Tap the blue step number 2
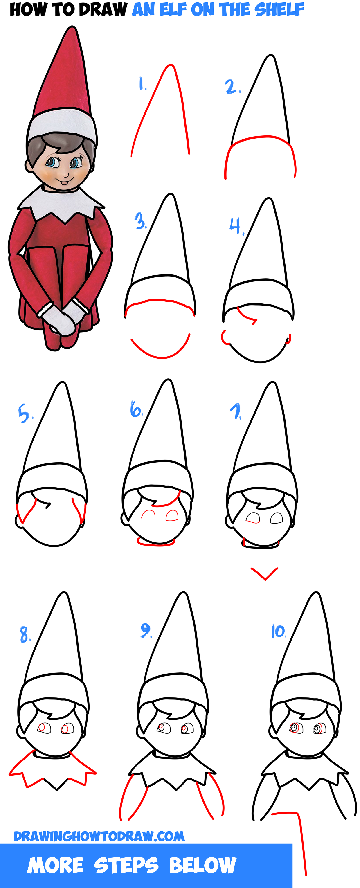(x=232, y=87)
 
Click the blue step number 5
(x=25, y=414)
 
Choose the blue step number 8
(x=25, y=635)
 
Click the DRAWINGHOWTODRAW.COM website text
(x=99, y=836)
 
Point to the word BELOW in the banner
(x=203, y=865)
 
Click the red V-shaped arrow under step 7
(x=264, y=574)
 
